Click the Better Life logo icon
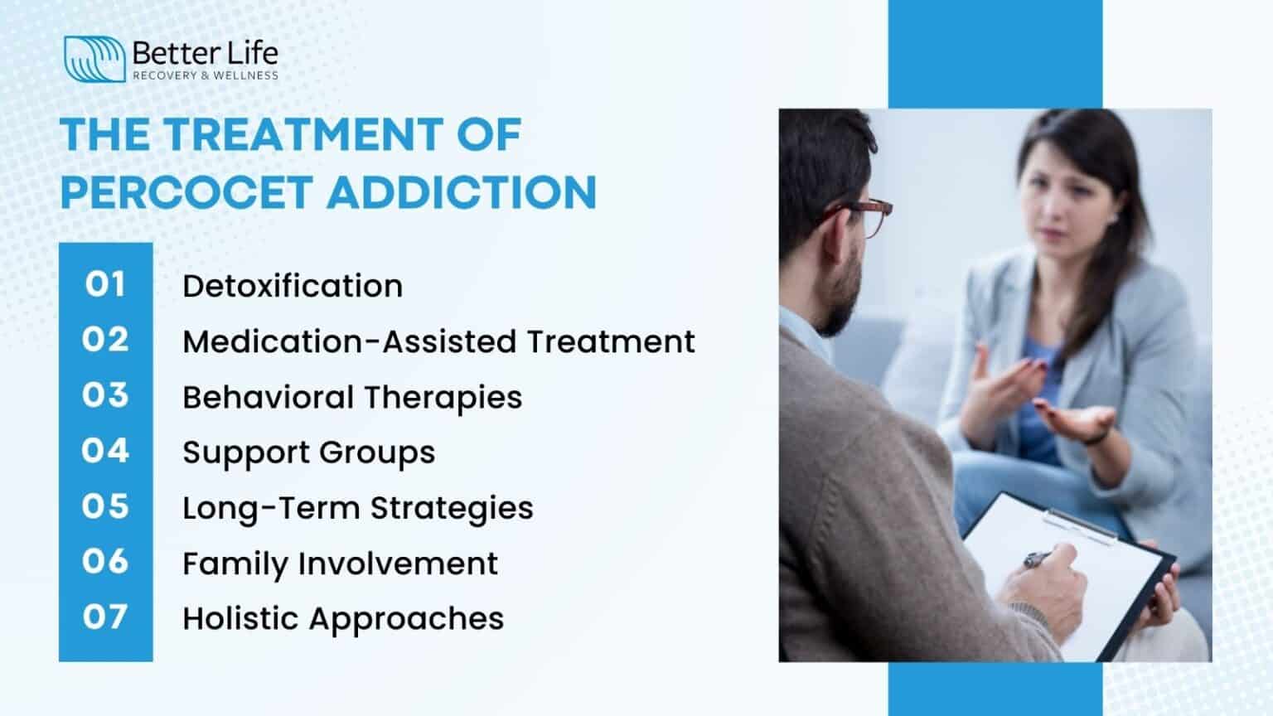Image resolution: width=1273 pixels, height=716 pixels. point(94,59)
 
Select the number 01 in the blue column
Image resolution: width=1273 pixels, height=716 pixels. point(105,284)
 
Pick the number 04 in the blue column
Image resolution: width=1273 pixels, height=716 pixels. point(105,451)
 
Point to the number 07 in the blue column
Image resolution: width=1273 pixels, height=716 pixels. point(105,617)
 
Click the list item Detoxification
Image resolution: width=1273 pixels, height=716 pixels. point(293,286)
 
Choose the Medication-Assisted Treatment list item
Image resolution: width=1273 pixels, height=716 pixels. point(438,341)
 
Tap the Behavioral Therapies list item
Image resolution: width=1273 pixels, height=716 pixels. point(352,397)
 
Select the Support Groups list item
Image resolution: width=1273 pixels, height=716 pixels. point(308,452)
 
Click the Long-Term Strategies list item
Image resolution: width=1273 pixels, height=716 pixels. point(357,508)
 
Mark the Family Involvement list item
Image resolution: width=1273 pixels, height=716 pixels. point(340,564)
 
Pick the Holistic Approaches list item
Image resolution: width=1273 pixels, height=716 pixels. point(343,619)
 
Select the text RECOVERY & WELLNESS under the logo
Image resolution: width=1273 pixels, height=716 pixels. point(206,75)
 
